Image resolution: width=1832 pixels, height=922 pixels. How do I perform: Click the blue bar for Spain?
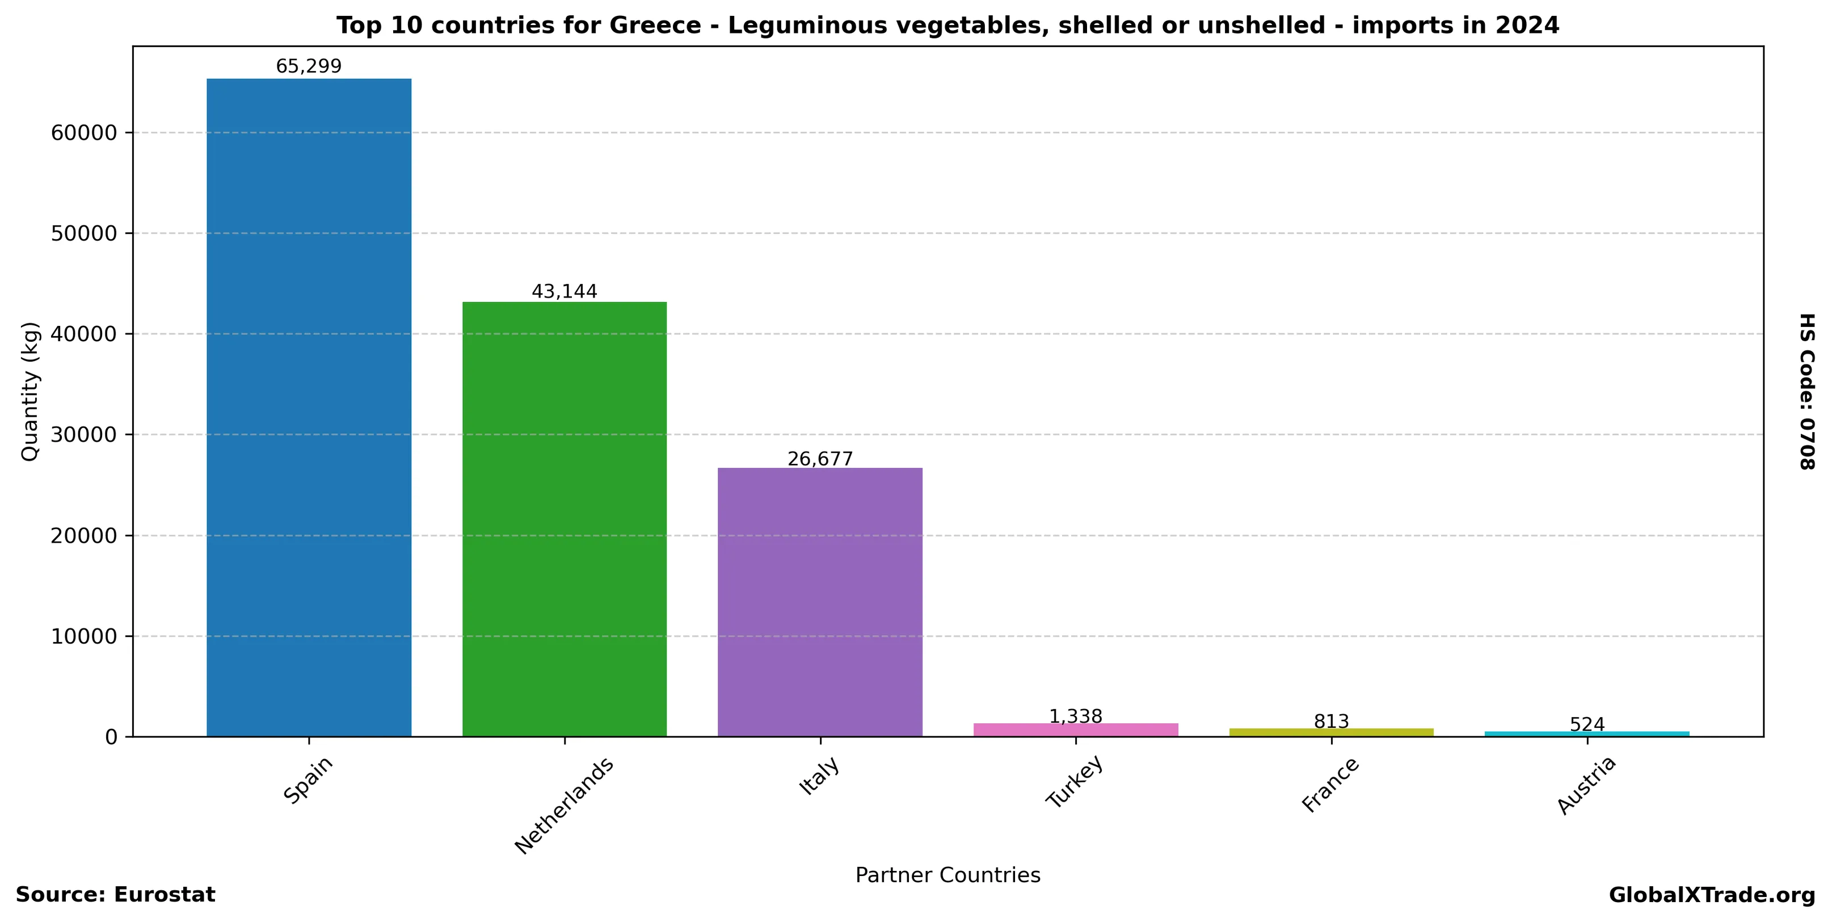pyautogui.click(x=309, y=407)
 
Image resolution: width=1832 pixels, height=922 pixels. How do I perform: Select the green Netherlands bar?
pyautogui.click(x=564, y=519)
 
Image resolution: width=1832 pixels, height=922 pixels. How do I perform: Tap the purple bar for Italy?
pyautogui.click(x=819, y=601)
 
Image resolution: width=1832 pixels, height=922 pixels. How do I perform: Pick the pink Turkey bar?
pyautogui.click(x=1075, y=730)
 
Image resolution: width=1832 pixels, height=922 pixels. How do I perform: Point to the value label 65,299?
pyautogui.click(x=309, y=67)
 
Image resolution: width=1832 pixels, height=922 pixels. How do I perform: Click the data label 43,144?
pyautogui.click(x=564, y=292)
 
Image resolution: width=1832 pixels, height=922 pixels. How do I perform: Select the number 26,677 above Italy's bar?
pyautogui.click(x=819, y=459)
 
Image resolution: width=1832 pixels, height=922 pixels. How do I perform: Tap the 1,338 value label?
pyautogui.click(x=1075, y=716)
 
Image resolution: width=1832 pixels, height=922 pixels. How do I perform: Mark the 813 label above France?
pyautogui.click(x=1330, y=722)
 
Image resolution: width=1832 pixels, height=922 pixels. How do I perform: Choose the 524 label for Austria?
pyautogui.click(x=1587, y=725)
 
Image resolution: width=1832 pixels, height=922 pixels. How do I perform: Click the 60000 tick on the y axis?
pyautogui.click(x=84, y=133)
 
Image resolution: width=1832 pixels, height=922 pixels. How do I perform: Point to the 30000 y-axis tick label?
pyautogui.click(x=84, y=435)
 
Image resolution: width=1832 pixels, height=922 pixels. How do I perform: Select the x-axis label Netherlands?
pyautogui.click(x=564, y=806)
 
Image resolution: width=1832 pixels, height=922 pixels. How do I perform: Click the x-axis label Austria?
pyautogui.click(x=1587, y=785)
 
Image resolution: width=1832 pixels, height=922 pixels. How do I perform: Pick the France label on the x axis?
pyautogui.click(x=1330, y=785)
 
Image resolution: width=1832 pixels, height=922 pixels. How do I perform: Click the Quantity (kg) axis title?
pyautogui.click(x=30, y=392)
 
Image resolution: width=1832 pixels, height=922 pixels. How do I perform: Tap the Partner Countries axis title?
pyautogui.click(x=947, y=875)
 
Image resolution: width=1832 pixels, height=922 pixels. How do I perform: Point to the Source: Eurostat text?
pyautogui.click(x=115, y=895)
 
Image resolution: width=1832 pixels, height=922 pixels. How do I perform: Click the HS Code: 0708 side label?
pyautogui.click(x=1807, y=392)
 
